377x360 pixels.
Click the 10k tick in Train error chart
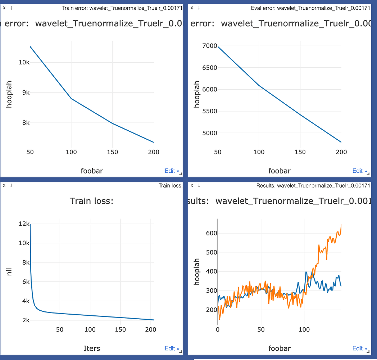pyautogui.click(x=24, y=62)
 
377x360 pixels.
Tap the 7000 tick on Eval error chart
pyautogui.click(x=209, y=46)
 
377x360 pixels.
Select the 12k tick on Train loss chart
pyautogui.click(x=23, y=224)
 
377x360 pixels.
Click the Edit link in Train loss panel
pyautogui.click(x=171, y=348)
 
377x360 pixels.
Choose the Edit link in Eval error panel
pyautogui.click(x=359, y=171)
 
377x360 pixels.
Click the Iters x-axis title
pyautogui.click(x=92, y=348)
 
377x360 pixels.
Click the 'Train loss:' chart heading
pyautogui.click(x=91, y=201)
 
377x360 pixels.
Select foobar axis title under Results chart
pyautogui.click(x=280, y=348)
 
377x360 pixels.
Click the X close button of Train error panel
pyautogui.click(x=4, y=8)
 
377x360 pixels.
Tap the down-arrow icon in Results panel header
pyautogui.click(x=199, y=186)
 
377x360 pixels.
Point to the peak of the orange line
pyautogui.click(x=341, y=225)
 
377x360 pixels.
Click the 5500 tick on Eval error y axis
pyautogui.click(x=209, y=111)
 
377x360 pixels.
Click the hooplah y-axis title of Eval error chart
pyautogui.click(x=197, y=94)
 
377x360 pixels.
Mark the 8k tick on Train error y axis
pyautogui.click(x=25, y=123)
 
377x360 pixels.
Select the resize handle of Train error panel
pyautogui.click(x=181, y=174)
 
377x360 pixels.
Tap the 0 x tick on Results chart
pyautogui.click(x=218, y=329)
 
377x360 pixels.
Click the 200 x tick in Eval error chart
pyautogui.click(x=341, y=152)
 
